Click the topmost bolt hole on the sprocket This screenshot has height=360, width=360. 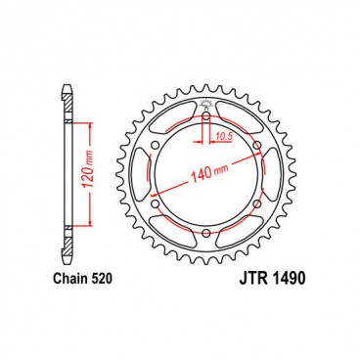tap(207, 120)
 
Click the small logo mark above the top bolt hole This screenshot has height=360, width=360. tap(207, 107)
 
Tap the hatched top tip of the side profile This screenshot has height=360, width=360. tap(67, 96)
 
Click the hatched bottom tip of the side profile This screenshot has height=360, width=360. tap(67, 256)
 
